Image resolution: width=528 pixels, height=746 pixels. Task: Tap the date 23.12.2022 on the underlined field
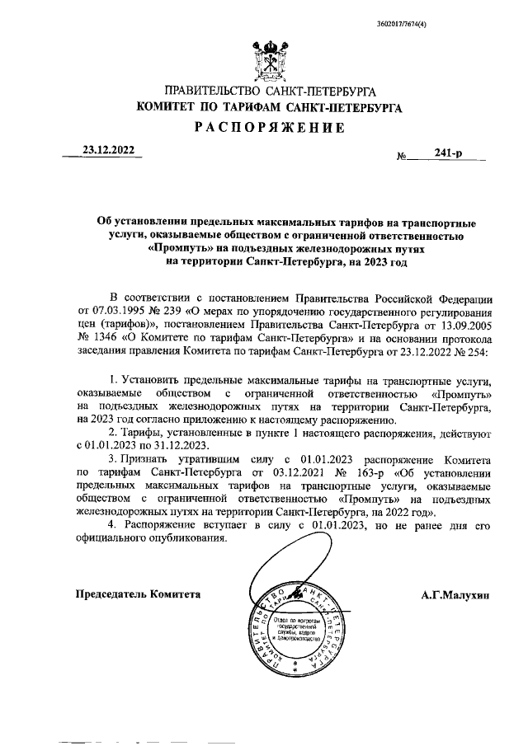coord(108,150)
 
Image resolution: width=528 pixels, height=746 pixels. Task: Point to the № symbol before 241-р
coord(403,155)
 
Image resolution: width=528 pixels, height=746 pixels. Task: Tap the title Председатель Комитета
coord(138,594)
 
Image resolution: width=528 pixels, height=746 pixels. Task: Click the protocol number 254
coord(476,351)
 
